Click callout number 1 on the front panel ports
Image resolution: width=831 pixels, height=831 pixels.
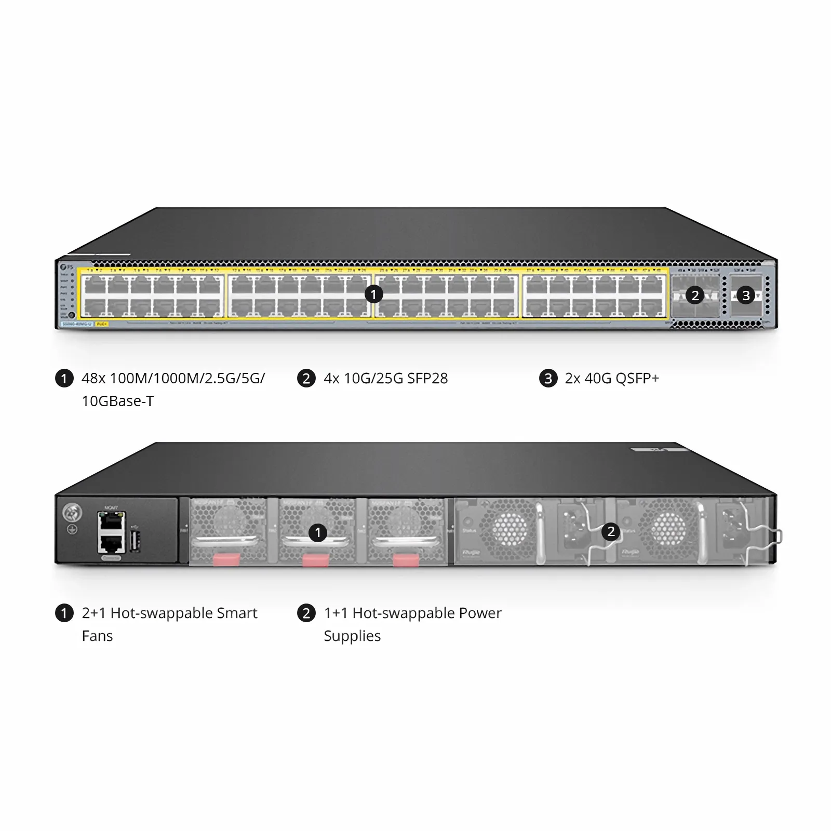pos(373,294)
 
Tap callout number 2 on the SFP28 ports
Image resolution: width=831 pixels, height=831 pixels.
pos(695,296)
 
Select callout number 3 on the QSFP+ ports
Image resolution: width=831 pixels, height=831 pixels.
pos(746,296)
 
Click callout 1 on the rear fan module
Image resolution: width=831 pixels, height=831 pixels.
pos(318,532)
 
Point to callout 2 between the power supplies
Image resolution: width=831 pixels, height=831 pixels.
pos(611,531)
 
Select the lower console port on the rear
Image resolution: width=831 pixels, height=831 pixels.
pos(111,543)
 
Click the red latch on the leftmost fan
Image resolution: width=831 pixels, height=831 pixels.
pos(227,559)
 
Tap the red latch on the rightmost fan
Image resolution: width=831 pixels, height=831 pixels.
pos(406,559)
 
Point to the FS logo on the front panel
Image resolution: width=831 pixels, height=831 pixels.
pos(66,266)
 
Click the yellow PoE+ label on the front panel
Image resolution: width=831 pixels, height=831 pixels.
pos(102,324)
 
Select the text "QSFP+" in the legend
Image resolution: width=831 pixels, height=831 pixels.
pos(637,378)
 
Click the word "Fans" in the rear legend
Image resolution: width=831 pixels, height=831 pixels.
pos(97,636)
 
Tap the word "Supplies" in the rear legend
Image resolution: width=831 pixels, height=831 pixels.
pos(352,636)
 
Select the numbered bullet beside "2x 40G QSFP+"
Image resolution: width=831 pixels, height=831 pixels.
pos(548,378)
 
